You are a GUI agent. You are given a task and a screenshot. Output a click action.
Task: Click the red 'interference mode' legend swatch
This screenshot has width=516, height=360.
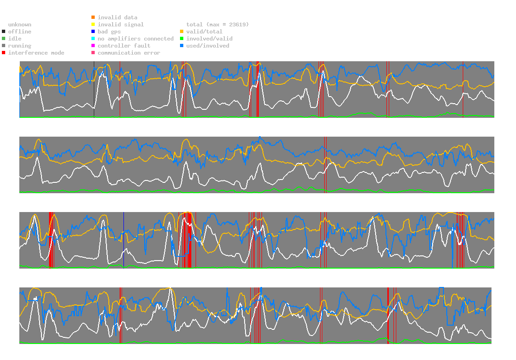pyautogui.click(x=3, y=53)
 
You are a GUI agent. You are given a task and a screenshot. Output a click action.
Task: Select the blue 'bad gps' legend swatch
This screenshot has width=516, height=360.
pyautogui.click(x=93, y=32)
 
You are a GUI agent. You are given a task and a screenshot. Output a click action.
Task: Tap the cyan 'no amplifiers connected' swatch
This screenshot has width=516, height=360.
pyautogui.click(x=93, y=39)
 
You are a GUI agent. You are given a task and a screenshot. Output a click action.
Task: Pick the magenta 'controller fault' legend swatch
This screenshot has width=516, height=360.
pyautogui.click(x=93, y=46)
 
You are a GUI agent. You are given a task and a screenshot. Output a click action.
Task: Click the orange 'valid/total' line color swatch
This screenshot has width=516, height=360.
pyautogui.click(x=181, y=32)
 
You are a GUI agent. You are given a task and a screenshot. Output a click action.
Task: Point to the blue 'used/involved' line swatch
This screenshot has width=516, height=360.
pyautogui.click(x=181, y=46)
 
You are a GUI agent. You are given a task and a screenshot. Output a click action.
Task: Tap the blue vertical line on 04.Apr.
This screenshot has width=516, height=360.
pyautogui.click(x=123, y=240)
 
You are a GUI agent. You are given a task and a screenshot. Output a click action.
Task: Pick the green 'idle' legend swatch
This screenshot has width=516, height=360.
pyautogui.click(x=3, y=39)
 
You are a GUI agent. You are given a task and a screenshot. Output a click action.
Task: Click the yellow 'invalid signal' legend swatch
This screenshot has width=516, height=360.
pyautogui.click(x=93, y=25)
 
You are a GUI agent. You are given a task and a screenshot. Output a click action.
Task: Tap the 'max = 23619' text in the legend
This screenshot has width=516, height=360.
pyautogui.click(x=229, y=25)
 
